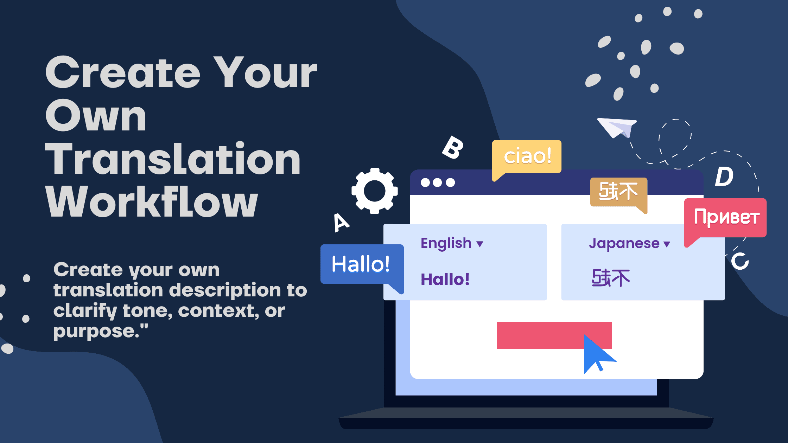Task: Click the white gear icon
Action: click(375, 191)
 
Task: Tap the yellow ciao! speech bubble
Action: click(527, 156)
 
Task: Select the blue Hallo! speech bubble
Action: click(361, 264)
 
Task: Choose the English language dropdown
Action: click(452, 243)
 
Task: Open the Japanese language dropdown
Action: click(629, 243)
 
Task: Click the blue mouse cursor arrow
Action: click(596, 353)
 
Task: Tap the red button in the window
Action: click(542, 335)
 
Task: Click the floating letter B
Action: click(453, 147)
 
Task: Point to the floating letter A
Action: click(341, 222)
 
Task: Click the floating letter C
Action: click(740, 261)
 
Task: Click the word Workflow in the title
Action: click(152, 202)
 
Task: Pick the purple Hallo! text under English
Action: click(445, 280)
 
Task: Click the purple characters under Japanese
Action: click(611, 278)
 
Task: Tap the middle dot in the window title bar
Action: click(438, 182)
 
